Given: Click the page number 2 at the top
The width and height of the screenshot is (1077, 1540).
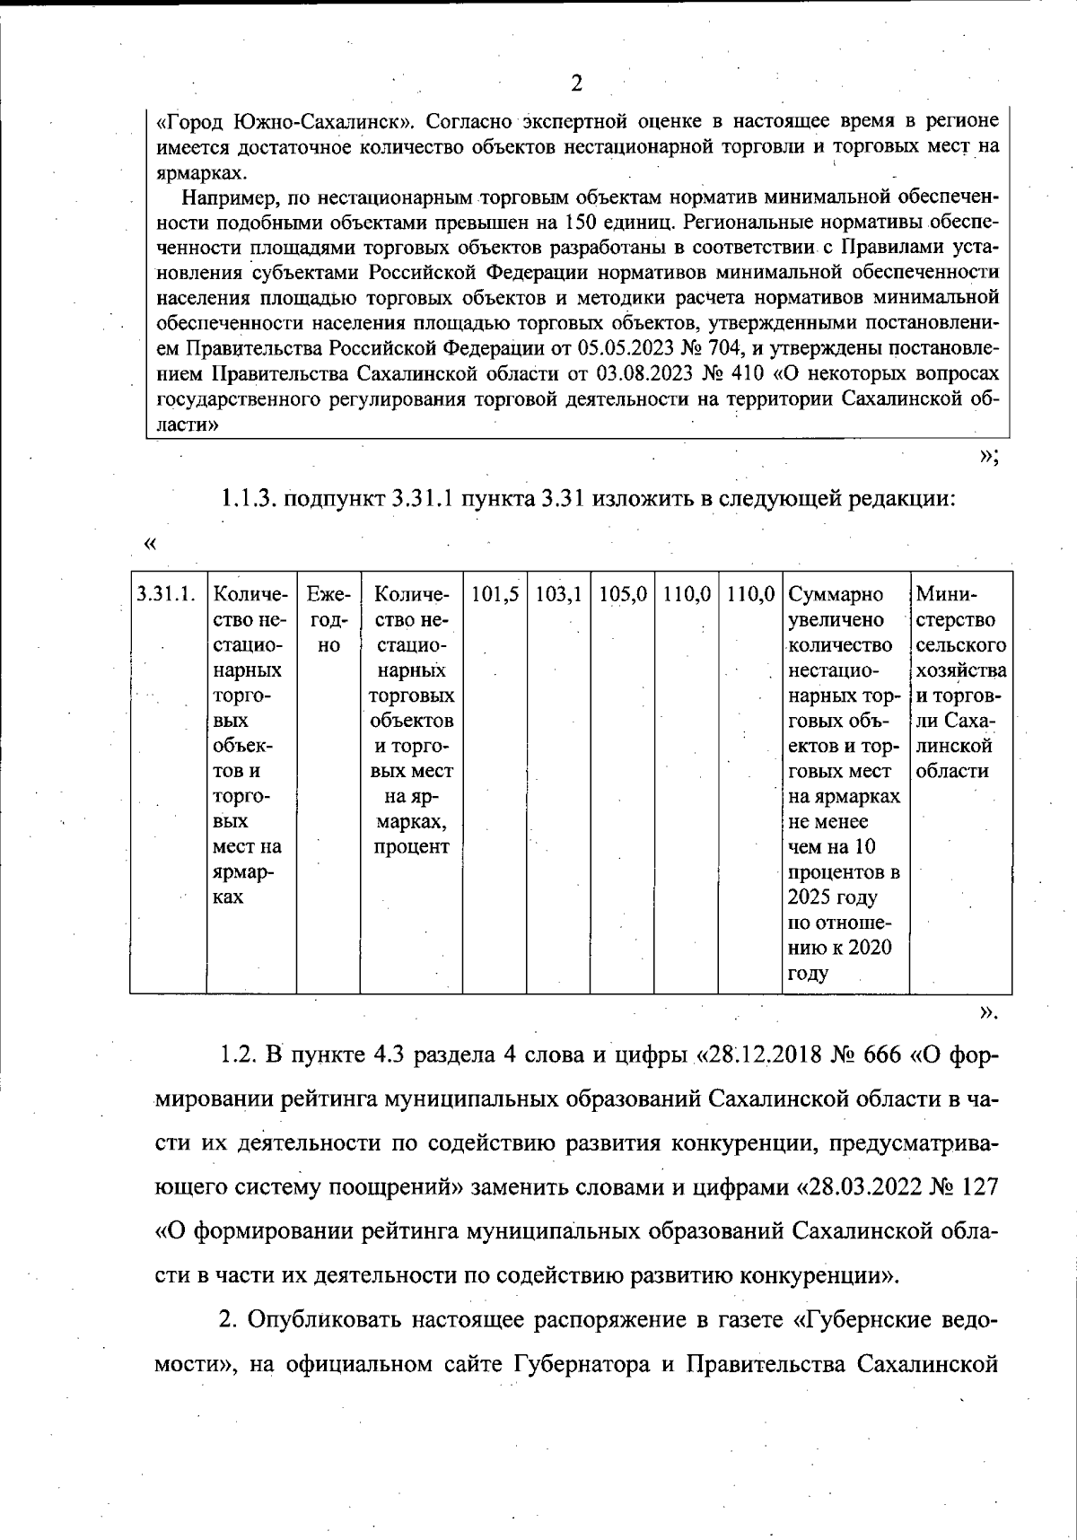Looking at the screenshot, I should [x=576, y=83].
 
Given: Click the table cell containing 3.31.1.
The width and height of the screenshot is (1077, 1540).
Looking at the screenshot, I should [x=165, y=594].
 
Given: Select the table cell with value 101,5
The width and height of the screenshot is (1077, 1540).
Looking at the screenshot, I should [x=495, y=594].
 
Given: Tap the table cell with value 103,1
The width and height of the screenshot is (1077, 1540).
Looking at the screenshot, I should [x=558, y=594].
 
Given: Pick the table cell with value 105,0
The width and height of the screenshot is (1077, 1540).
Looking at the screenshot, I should [x=623, y=594].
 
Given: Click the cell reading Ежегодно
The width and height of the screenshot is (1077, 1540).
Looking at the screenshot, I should [x=328, y=619].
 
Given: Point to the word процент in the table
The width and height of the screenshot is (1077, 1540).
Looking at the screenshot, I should [x=411, y=846].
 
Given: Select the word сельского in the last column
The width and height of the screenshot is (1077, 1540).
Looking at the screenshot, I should [x=960, y=645].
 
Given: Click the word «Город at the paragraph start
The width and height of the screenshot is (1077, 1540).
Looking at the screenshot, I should [x=191, y=121].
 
